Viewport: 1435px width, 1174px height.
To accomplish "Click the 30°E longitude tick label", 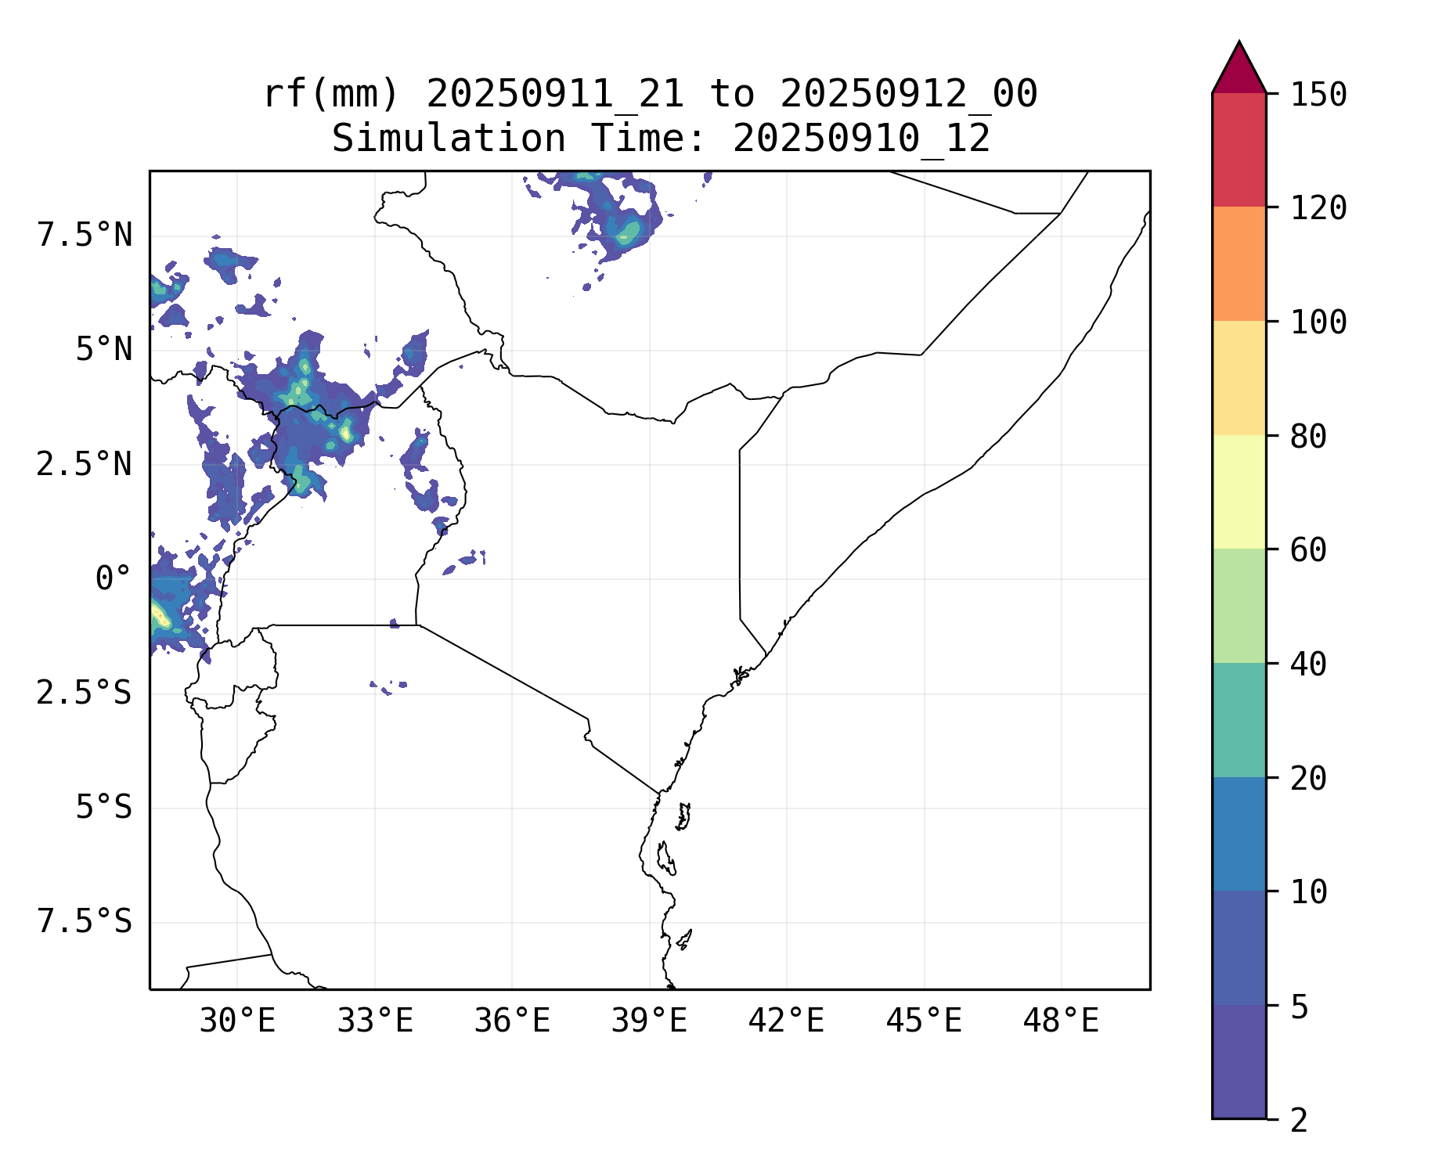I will [237, 1021].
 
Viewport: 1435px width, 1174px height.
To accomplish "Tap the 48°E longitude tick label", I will [1061, 1021].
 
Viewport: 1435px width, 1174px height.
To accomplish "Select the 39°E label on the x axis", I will [649, 1021].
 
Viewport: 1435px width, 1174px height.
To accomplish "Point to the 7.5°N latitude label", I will [85, 236].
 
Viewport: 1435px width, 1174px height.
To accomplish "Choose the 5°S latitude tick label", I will [103, 808].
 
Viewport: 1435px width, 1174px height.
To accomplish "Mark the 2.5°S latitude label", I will [85, 693].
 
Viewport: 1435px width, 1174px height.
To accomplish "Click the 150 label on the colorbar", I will [1318, 95].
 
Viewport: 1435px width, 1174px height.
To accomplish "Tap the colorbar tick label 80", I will [1308, 437].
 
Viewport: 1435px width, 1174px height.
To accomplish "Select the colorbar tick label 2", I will [1299, 1121].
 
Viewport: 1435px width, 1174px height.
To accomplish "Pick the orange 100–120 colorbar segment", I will [1238, 264].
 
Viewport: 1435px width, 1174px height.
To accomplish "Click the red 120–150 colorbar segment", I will [1238, 149].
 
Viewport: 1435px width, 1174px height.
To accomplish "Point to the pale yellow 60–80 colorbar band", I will [1238, 492].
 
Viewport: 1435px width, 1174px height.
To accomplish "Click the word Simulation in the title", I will [449, 139].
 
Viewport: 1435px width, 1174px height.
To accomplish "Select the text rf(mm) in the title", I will [331, 95].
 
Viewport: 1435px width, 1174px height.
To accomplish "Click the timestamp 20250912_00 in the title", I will [908, 95].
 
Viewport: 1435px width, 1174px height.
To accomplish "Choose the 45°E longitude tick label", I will [924, 1021].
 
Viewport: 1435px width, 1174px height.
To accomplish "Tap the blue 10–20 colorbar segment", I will [1238, 834].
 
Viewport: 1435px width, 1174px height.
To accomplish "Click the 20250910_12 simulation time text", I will [861, 139].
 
